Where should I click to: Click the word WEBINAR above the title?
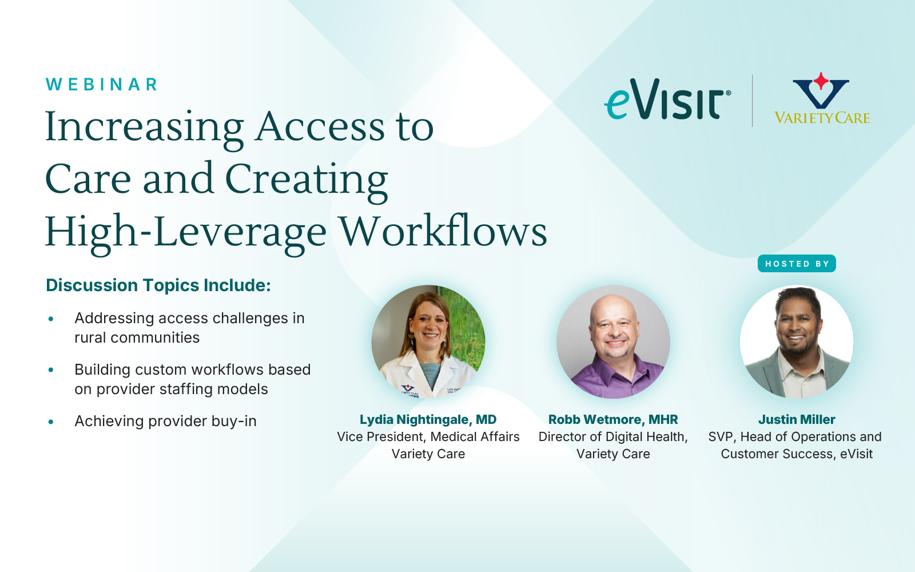[101, 85]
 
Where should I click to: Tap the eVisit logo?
[667, 100]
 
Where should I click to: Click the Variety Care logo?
[822, 98]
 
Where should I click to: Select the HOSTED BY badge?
[797, 264]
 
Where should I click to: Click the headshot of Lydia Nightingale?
[428, 341]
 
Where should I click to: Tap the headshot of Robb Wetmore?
[613, 341]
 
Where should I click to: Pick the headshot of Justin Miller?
[797, 341]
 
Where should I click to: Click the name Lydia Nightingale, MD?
[428, 420]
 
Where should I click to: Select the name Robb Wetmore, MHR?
[613, 420]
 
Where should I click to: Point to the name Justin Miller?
[797, 420]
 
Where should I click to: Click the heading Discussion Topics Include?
[158, 285]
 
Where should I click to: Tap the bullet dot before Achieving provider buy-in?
[51, 422]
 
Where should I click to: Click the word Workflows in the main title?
[443, 231]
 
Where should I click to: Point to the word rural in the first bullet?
[91, 337]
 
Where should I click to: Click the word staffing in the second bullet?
[185, 390]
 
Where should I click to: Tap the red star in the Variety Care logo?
[821, 81]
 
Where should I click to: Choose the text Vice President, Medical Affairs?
[428, 437]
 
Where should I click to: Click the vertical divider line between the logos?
[753, 101]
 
